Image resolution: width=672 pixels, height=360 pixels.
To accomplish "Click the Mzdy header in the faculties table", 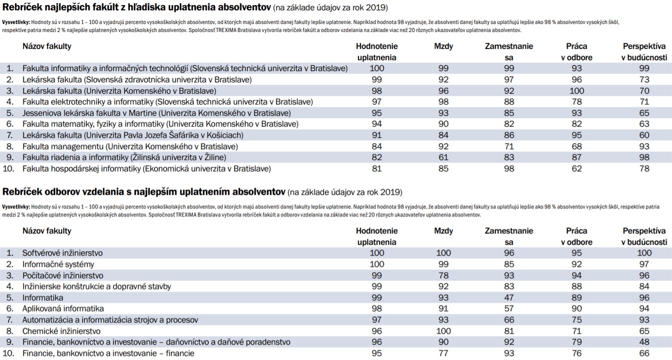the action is [x=444, y=46].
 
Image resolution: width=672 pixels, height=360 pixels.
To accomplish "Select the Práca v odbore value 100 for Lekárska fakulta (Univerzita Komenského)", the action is [x=576, y=91].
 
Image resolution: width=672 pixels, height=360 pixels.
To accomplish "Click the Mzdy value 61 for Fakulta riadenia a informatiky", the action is [x=444, y=157].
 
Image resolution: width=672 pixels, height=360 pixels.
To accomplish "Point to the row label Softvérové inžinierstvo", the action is [x=63, y=253].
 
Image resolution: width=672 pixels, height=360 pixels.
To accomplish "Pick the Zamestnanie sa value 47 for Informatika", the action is [x=509, y=298].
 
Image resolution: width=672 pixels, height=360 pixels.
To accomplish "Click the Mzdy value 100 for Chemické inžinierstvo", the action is [x=444, y=331].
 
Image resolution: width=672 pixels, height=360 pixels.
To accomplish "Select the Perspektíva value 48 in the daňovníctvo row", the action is [x=644, y=342].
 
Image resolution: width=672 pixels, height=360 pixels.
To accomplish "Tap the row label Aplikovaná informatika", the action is [x=63, y=309].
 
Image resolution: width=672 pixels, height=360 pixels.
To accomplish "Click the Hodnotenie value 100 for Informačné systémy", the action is [x=377, y=264].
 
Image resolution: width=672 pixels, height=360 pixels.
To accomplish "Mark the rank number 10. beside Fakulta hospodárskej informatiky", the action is [x=8, y=168].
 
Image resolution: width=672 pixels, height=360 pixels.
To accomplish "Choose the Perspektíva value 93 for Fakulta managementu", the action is [x=644, y=146].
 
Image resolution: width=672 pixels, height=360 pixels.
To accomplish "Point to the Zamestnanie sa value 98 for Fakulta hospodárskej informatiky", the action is [x=509, y=168].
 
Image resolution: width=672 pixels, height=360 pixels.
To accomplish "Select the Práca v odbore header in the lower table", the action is [x=576, y=236].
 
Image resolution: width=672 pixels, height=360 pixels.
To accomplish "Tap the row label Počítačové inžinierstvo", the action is [x=63, y=275].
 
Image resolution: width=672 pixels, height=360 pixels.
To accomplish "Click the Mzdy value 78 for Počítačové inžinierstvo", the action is [x=444, y=275].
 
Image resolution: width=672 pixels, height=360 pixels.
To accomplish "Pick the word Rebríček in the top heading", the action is [x=22, y=7].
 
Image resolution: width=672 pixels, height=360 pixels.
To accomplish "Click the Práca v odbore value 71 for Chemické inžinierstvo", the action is [x=576, y=331].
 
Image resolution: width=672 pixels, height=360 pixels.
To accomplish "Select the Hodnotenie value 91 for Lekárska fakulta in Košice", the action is [x=377, y=135].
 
